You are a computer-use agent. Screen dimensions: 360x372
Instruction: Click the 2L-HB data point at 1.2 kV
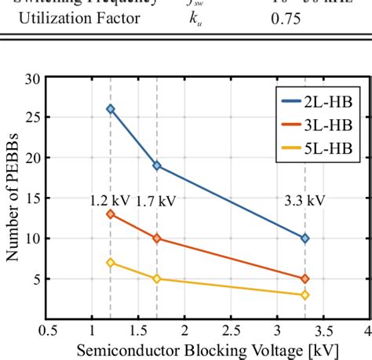coord(111,109)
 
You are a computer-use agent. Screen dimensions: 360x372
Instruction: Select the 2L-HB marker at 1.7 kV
coord(157,165)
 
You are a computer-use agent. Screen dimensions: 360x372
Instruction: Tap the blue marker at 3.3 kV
coord(305,238)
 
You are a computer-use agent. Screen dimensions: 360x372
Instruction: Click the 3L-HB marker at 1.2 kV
coord(111,213)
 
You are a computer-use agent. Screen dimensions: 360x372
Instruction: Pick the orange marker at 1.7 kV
coord(157,238)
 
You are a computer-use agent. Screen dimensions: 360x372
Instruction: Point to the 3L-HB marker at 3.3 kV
coord(305,278)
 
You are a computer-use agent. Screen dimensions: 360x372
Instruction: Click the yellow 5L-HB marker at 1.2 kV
coord(111,262)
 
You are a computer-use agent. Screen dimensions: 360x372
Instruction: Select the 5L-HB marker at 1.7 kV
coord(157,278)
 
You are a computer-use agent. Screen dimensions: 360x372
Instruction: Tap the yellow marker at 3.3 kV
coord(305,295)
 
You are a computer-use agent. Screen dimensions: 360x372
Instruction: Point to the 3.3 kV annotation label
coord(305,201)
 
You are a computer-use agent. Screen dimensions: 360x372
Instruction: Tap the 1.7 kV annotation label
coord(155,201)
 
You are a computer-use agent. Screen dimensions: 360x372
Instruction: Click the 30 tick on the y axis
coord(33,78)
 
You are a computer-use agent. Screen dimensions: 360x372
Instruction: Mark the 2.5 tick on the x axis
coord(231,329)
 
